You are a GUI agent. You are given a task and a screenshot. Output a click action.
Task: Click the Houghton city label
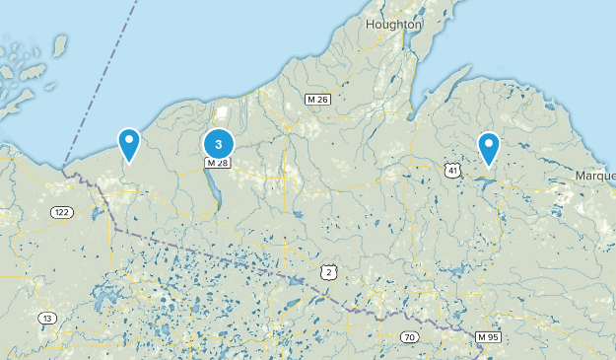tap(393, 24)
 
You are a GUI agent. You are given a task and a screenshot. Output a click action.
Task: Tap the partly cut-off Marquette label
tap(595, 176)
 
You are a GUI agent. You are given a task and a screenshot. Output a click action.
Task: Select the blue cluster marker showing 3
tap(219, 143)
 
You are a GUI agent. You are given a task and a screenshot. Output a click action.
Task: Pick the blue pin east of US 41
tap(489, 149)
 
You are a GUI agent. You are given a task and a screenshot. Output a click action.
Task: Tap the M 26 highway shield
tap(317, 99)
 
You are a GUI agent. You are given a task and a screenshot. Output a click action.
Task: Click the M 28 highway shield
tap(218, 163)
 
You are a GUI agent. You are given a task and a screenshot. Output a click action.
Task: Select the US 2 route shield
tap(328, 271)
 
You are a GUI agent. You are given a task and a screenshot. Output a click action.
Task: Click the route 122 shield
tap(62, 213)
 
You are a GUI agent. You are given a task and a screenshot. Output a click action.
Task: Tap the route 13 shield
tap(46, 318)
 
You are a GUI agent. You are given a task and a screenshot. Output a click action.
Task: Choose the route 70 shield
tap(409, 337)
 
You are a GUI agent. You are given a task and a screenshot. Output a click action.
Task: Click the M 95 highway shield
tap(487, 337)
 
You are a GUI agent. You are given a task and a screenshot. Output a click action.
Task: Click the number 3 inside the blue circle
tap(219, 143)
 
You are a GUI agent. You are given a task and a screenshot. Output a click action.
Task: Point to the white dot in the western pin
tap(128, 140)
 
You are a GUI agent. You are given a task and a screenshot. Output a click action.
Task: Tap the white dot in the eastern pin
tap(489, 144)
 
